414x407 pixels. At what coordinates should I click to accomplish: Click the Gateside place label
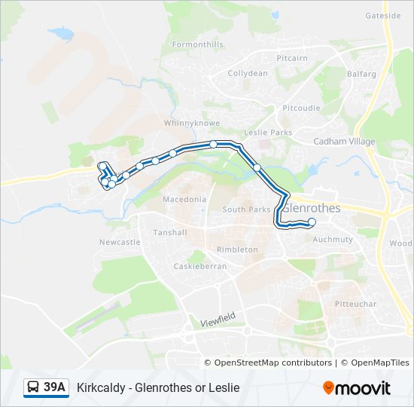[383, 15]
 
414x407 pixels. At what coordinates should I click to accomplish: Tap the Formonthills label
[198, 44]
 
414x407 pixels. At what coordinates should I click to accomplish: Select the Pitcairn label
[292, 58]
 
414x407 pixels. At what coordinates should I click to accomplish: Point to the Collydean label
[248, 73]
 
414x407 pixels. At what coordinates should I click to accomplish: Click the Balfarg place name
[360, 74]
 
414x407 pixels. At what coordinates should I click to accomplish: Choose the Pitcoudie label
[301, 108]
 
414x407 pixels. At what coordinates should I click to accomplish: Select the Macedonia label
[184, 200]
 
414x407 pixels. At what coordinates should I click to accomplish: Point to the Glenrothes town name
[311, 207]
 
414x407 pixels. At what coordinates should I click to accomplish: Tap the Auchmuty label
[332, 240]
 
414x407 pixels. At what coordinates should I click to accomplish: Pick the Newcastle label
[120, 242]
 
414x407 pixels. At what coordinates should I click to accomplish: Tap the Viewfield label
[218, 319]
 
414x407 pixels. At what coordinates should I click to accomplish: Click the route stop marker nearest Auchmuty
[312, 222]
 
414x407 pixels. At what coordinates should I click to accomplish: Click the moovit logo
[357, 387]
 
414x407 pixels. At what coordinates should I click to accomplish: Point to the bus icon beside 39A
[34, 387]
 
